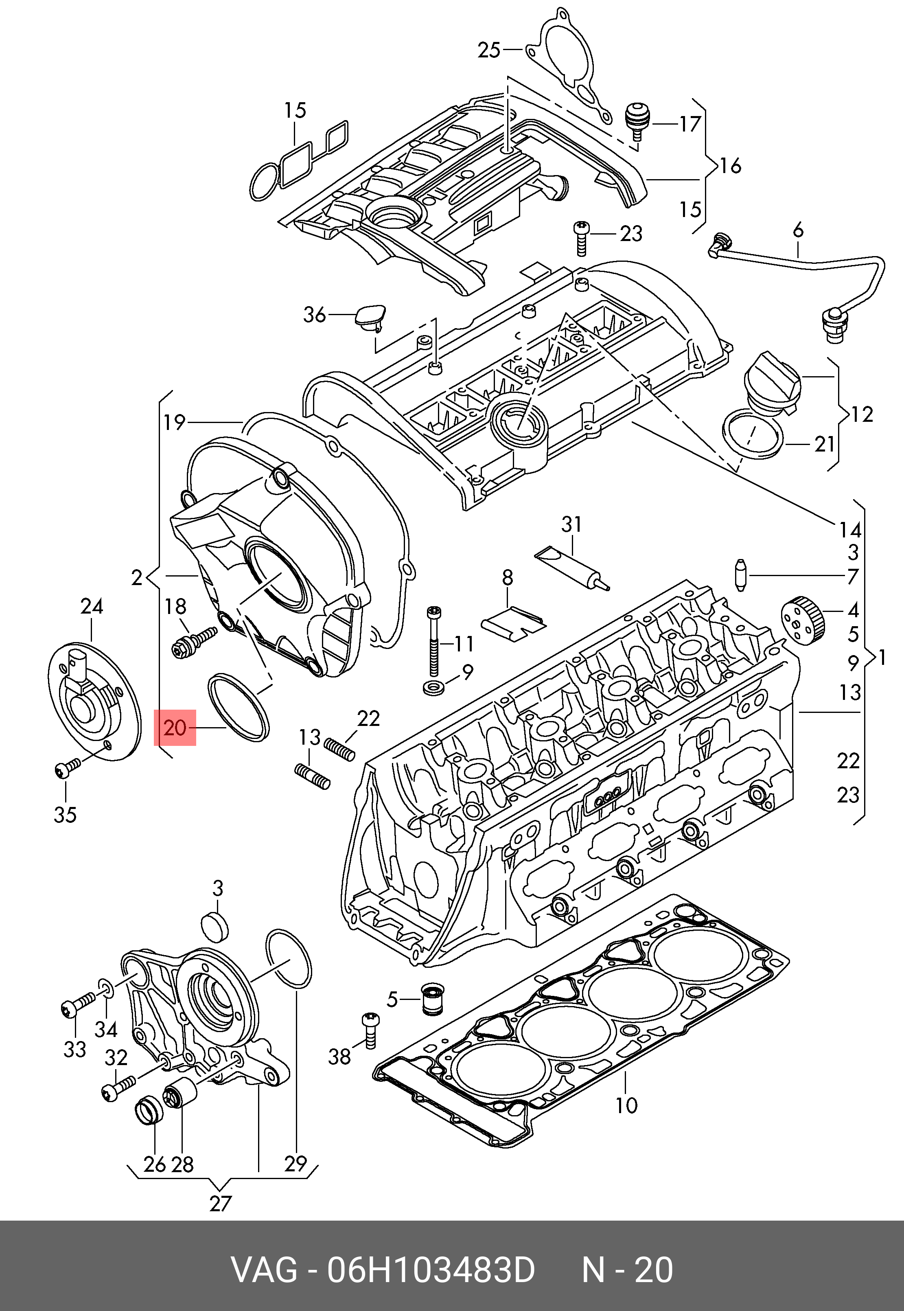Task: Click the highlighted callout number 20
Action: pyautogui.click(x=175, y=728)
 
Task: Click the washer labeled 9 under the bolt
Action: pyautogui.click(x=434, y=689)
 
